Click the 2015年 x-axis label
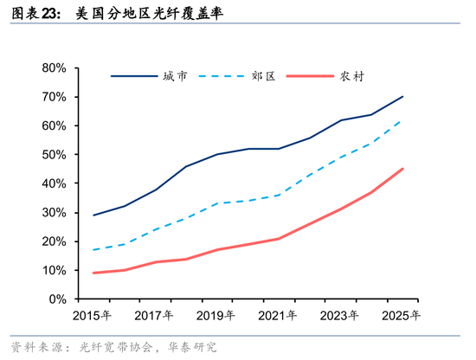coord(93,315)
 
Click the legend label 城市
coord(174,77)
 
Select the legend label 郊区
coord(263,77)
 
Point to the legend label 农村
coord(351,77)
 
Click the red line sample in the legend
coord(310,77)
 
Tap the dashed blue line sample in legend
coord(222,77)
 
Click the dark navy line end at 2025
coord(402,97)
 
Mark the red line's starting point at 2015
coord(93,273)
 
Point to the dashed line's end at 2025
coord(402,120)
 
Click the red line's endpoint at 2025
coord(402,169)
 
